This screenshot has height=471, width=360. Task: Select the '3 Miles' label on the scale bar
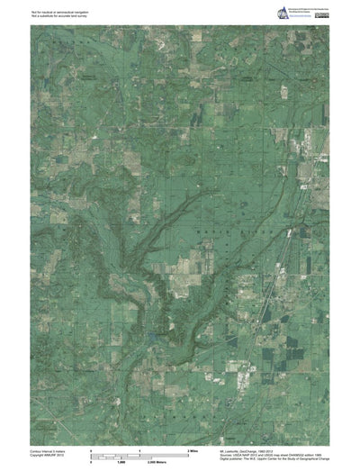[x=192, y=448]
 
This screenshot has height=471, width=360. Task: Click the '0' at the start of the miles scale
[x=91, y=448]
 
